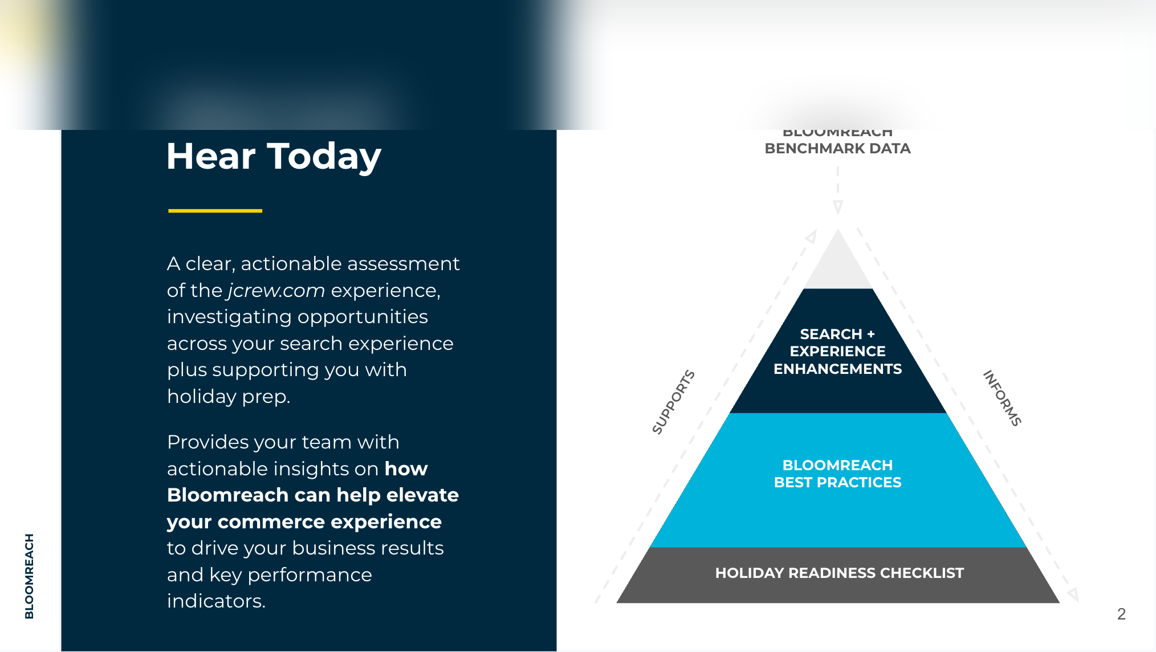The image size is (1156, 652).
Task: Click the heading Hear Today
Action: (274, 157)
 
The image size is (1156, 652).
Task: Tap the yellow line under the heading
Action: (215, 211)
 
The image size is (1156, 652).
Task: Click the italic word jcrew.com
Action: (276, 291)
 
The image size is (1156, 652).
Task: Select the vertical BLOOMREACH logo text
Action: (29, 576)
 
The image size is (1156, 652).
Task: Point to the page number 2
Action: (1121, 614)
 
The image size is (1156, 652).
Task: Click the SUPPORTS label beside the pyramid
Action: (673, 402)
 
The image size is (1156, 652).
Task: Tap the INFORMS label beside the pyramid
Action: (1002, 398)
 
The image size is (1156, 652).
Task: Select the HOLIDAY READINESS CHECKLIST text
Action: (839, 573)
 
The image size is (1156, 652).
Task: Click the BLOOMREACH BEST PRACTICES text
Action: (837, 474)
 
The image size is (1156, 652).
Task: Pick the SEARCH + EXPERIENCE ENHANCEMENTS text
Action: (837, 351)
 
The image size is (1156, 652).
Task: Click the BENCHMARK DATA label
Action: (837, 148)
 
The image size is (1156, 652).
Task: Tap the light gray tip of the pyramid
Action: (838, 265)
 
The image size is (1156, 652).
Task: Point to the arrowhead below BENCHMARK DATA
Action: (837, 207)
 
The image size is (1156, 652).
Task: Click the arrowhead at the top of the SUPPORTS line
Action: (811, 236)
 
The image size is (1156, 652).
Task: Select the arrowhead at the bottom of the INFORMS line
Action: (1073, 595)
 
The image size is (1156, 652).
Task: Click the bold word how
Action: (406, 468)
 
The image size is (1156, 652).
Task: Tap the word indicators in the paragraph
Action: (216, 601)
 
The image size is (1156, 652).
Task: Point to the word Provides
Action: (202, 442)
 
